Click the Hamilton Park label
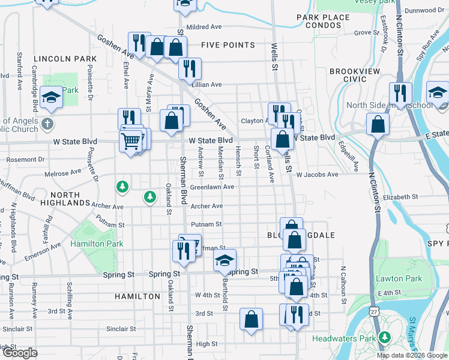(97, 244)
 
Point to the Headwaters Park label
(345, 338)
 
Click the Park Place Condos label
(323, 21)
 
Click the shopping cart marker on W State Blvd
(130, 142)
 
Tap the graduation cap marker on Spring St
(224, 260)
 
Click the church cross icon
(49, 125)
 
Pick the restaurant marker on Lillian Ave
(190, 68)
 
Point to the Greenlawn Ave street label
(212, 187)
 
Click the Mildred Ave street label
(204, 27)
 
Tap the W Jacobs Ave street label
(318, 175)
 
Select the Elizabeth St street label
(399, 197)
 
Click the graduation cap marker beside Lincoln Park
(52, 97)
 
